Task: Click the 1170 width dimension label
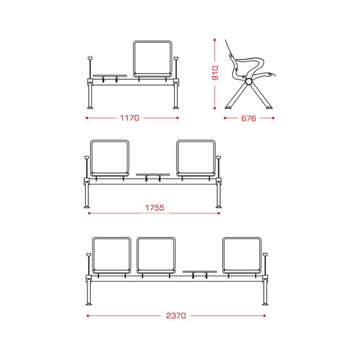[x=130, y=118]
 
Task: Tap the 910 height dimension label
[x=215, y=73]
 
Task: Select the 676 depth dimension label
[x=248, y=118]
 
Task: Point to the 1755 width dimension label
[x=155, y=208]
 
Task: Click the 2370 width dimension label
[x=176, y=316]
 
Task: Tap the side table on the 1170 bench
[x=110, y=76]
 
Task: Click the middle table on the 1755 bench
[x=153, y=175]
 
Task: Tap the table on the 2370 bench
[x=200, y=272]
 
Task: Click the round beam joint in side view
[x=248, y=82]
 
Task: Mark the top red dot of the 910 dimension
[x=215, y=40]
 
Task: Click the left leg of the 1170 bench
[x=90, y=96]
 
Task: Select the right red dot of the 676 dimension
[x=273, y=118]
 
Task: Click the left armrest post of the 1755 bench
[x=87, y=167]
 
